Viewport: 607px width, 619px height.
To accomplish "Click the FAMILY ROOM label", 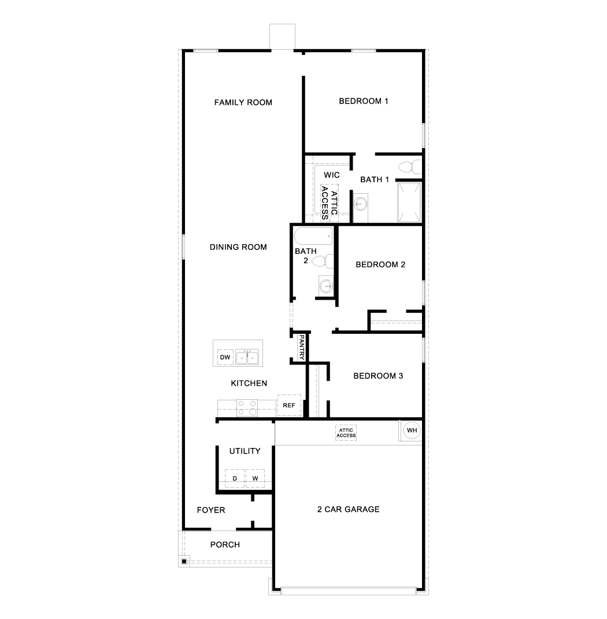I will [x=243, y=102].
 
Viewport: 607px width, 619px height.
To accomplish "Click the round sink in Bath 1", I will [x=361, y=204].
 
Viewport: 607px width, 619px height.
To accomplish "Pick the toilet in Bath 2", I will [x=323, y=261].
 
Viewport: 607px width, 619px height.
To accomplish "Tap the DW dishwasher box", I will [x=225, y=358].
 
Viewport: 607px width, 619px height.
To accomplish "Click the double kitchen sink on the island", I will [x=247, y=357].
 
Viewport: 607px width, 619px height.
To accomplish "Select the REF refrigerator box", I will [x=289, y=406].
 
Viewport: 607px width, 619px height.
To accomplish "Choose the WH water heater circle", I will [x=411, y=430].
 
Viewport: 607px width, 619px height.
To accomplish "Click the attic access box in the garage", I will [x=347, y=433].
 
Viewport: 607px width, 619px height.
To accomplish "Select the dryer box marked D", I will [x=235, y=478].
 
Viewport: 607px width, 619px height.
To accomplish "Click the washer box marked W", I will [x=255, y=478].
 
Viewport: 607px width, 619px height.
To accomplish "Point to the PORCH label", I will [x=225, y=544].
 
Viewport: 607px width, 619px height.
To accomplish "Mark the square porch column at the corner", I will [x=184, y=561].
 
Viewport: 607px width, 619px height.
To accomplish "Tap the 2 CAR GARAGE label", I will [x=348, y=509].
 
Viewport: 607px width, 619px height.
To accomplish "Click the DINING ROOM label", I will [x=238, y=247].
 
